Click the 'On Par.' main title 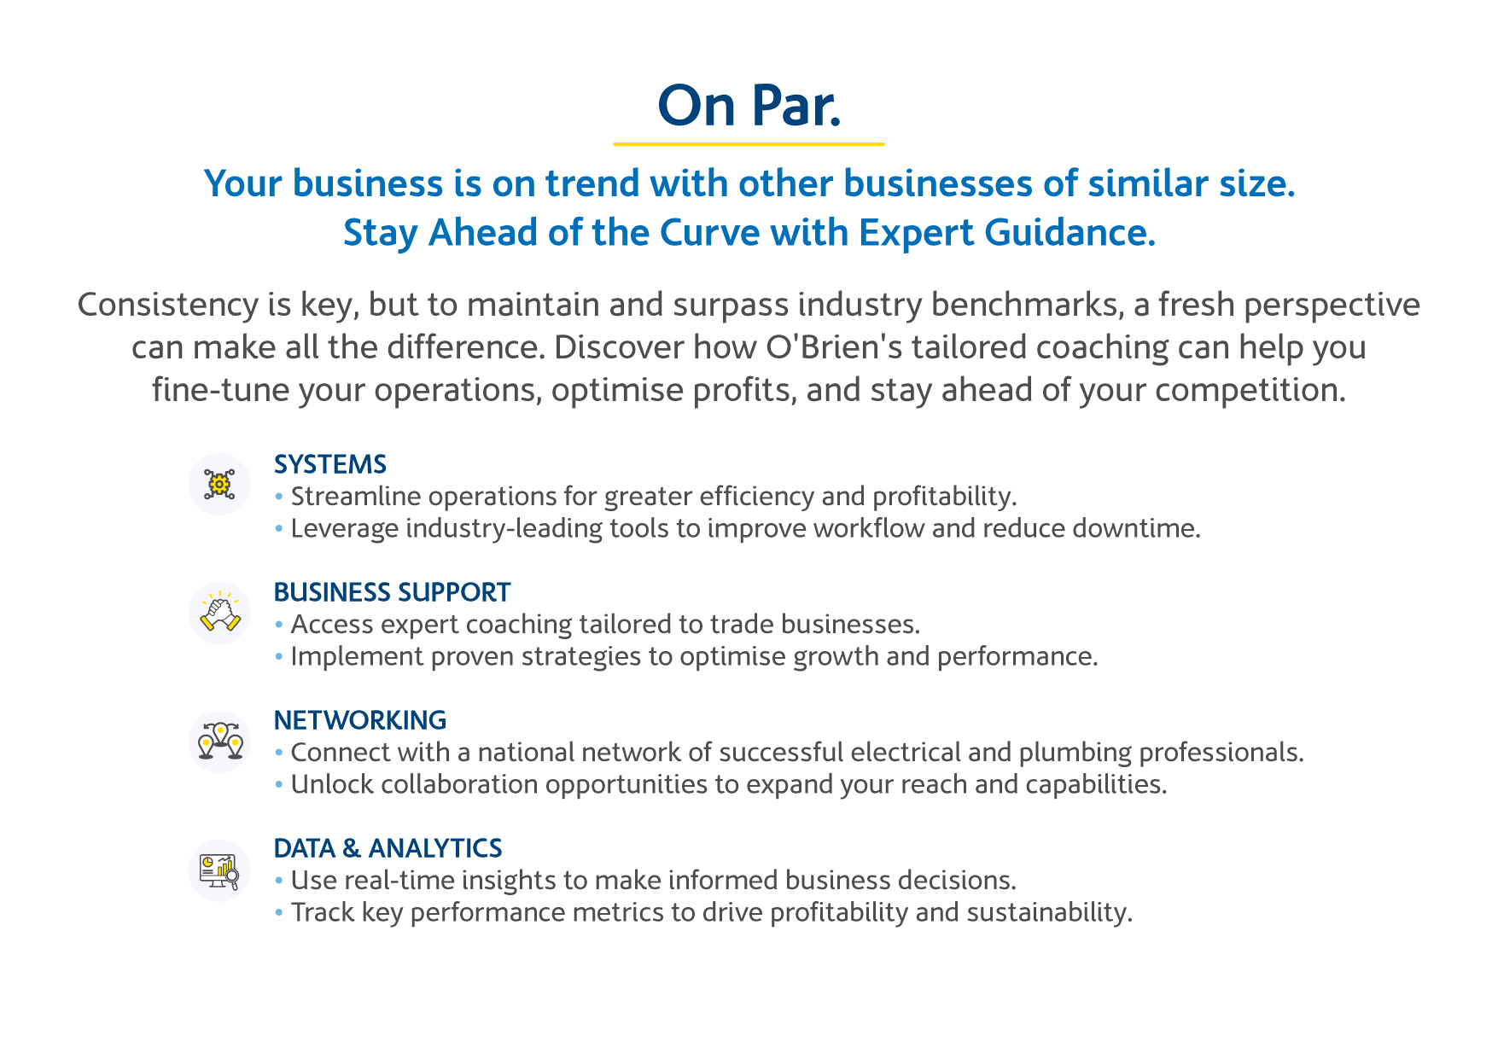pyautogui.click(x=749, y=106)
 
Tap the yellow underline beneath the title pyautogui.click(x=749, y=144)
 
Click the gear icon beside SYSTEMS pyautogui.click(x=219, y=484)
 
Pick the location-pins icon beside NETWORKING pyautogui.click(x=219, y=741)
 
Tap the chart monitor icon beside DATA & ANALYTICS pyautogui.click(x=219, y=870)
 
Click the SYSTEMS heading pyautogui.click(x=330, y=464)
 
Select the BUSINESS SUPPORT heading pyautogui.click(x=393, y=592)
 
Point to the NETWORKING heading pyautogui.click(x=360, y=720)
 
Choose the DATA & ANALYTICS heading pyautogui.click(x=388, y=848)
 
